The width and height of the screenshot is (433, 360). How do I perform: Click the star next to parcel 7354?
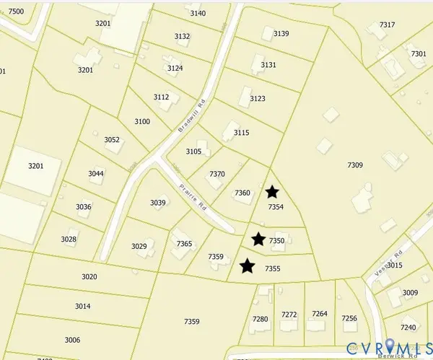point(272,192)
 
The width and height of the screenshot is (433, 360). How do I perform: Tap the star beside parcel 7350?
point(258,239)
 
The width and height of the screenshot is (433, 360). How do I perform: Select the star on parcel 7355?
point(248,266)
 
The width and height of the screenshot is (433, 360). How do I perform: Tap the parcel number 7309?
point(354,166)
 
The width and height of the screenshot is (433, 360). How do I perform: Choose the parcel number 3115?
point(241,133)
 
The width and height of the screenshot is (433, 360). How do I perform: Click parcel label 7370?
point(217,175)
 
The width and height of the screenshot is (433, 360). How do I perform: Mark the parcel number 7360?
point(242,193)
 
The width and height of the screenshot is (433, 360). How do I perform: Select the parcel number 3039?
point(158,203)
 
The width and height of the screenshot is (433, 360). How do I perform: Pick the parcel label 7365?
point(184,245)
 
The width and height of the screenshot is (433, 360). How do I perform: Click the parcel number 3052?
point(112,140)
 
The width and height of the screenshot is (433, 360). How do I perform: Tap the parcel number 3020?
point(89,277)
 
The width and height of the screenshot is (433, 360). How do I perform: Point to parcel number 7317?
point(388,25)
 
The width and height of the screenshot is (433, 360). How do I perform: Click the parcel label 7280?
point(260,319)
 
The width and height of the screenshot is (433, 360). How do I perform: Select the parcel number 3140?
point(198,14)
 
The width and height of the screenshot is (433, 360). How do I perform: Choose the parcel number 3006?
point(72,340)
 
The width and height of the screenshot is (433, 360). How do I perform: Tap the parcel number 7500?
point(15,12)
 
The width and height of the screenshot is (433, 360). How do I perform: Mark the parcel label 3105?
point(193,152)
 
